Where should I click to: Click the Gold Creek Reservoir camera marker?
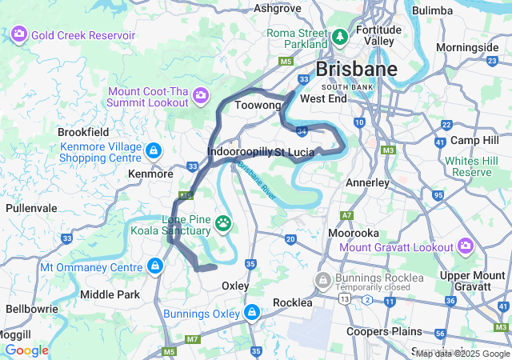click(x=18, y=36)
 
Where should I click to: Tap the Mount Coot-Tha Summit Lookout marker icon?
click(x=200, y=97)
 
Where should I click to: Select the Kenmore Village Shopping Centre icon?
click(x=153, y=150)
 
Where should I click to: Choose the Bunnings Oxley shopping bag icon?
click(x=252, y=311)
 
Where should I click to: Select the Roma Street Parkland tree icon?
click(x=340, y=38)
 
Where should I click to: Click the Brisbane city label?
click(x=356, y=69)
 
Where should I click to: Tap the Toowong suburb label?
click(x=258, y=106)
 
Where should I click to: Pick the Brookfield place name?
click(x=82, y=132)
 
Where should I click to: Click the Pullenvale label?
click(x=31, y=207)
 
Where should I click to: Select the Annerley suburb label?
click(x=367, y=182)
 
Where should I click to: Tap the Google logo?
click(x=26, y=350)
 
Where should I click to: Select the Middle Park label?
click(x=110, y=294)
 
